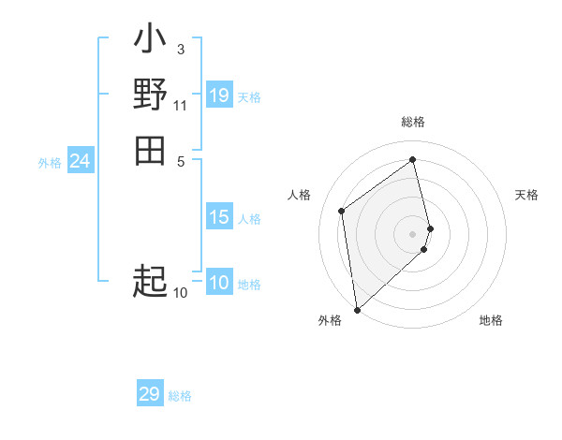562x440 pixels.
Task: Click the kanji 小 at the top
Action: click(150, 40)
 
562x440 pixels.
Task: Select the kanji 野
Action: click(150, 95)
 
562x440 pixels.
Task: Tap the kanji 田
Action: click(150, 150)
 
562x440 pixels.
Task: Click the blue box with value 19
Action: click(219, 95)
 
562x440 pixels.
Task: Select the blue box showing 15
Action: click(219, 217)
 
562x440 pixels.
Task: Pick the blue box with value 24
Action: click(80, 162)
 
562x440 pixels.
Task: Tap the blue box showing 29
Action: click(150, 394)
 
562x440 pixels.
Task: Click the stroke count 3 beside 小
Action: click(180, 49)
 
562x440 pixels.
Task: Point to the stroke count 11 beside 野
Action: click(180, 105)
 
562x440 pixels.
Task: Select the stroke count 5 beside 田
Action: click(180, 160)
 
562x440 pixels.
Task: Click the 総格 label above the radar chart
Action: click(413, 122)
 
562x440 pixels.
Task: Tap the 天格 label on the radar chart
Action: click(526, 195)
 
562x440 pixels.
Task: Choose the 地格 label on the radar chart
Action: click(491, 321)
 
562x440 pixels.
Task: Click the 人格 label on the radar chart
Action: click(299, 195)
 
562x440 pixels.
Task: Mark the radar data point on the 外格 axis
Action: click(357, 310)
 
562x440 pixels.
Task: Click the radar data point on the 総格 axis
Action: click(413, 159)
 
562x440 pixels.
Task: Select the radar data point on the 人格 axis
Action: click(342, 211)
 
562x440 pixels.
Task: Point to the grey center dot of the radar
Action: click(413, 233)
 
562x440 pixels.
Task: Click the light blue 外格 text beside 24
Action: click(50, 163)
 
